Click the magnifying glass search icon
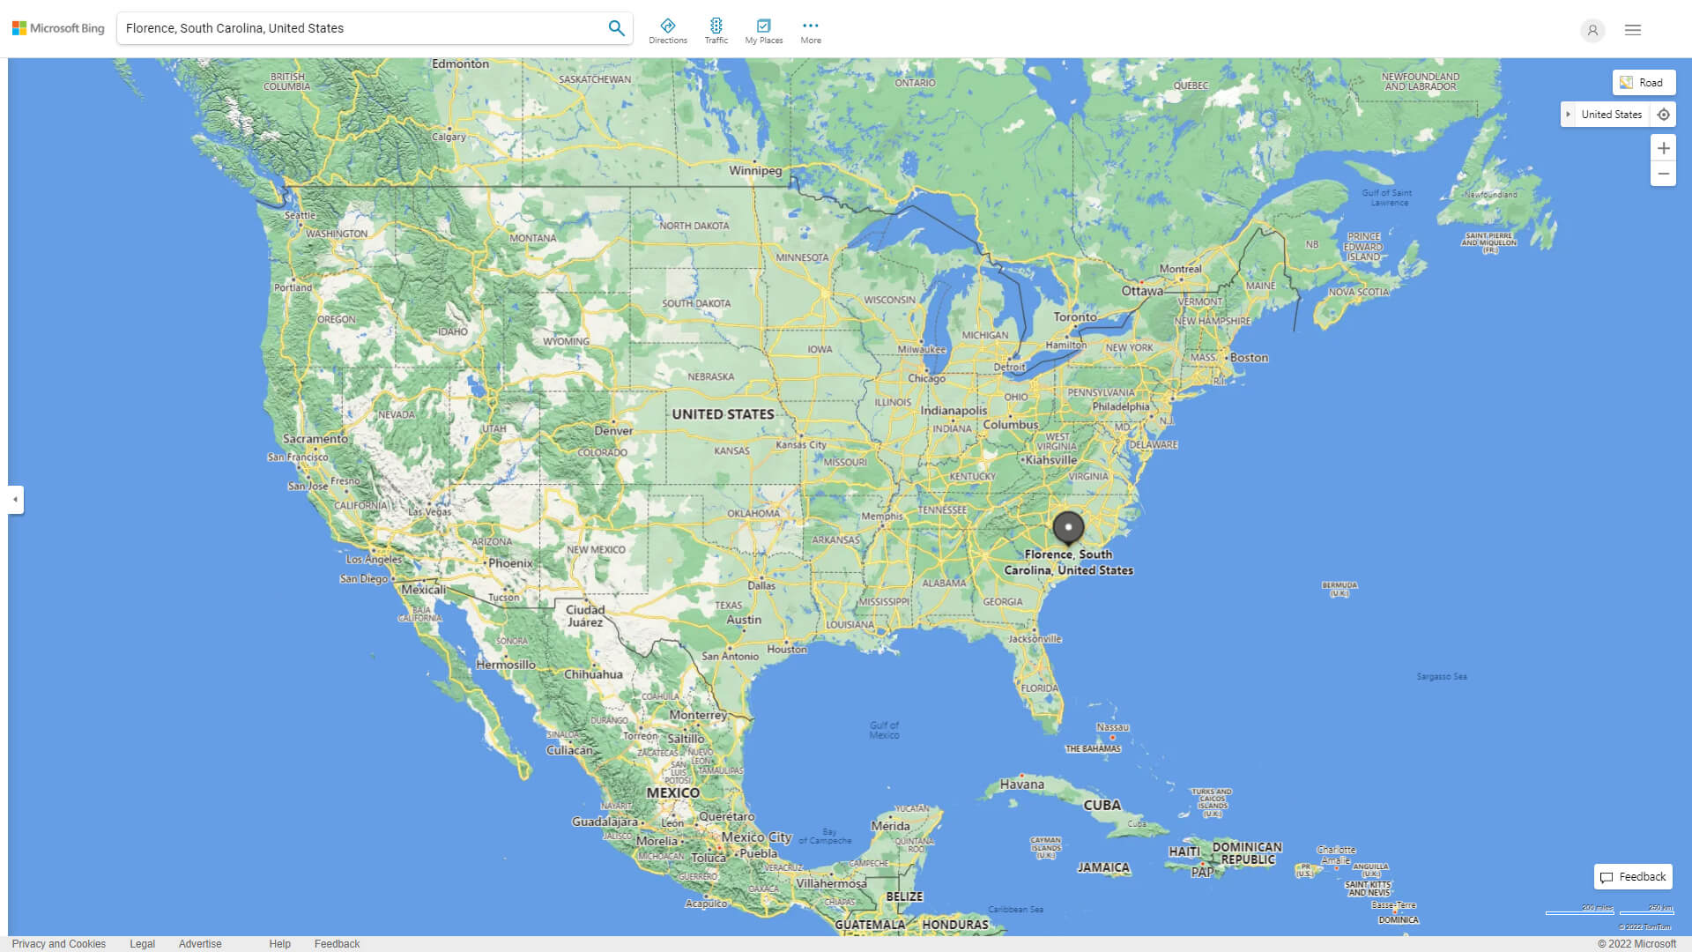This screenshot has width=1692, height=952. [616, 28]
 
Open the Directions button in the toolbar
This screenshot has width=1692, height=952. [668, 31]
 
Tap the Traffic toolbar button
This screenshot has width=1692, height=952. [716, 31]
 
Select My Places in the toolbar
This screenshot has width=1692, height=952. [763, 31]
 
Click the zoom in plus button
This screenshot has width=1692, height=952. [1663, 148]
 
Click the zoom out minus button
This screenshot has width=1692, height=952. [1663, 174]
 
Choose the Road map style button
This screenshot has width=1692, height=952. [1644, 83]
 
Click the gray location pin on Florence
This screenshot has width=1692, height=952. [1068, 527]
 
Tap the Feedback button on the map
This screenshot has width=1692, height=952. [1633, 877]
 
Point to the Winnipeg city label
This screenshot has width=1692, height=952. [755, 170]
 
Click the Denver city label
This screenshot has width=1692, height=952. [613, 430]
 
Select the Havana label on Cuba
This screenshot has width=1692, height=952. [1021, 784]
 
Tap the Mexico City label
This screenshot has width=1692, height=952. [756, 837]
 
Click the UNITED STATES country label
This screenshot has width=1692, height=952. [723, 414]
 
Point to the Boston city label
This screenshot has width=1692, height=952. [1249, 358]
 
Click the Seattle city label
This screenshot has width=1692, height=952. [300, 215]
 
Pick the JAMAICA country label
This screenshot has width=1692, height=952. [1103, 867]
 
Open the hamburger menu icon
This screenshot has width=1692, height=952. [1633, 30]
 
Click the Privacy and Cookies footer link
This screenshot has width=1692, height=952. [59, 944]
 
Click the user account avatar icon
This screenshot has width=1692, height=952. [1592, 30]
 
